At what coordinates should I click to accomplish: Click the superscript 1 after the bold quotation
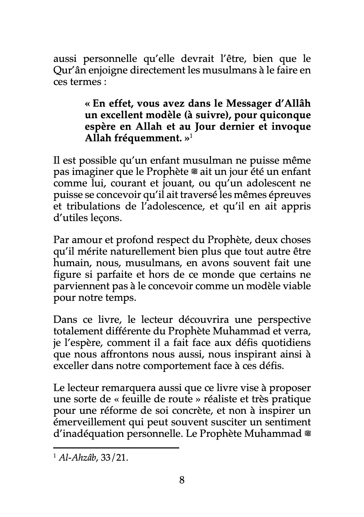point(191,136)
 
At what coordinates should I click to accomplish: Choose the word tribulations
point(89,206)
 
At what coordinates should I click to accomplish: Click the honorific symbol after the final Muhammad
point(308,433)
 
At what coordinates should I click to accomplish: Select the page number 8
point(182,480)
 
